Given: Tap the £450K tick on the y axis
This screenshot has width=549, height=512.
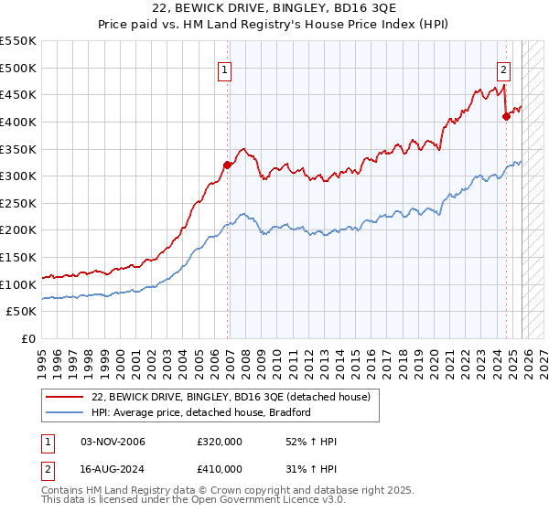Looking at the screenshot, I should pos(18,94).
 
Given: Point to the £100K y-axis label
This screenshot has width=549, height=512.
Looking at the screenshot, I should pos(18,284).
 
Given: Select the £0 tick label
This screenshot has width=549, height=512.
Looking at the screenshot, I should pos(28,338).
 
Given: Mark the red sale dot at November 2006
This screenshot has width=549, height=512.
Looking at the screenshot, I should pos(227,165).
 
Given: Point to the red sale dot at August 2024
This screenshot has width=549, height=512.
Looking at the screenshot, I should pos(506,116).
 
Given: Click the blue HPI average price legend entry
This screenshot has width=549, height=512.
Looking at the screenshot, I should pos(201,412).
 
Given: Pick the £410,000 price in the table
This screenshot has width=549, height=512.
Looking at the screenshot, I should pos(220,468).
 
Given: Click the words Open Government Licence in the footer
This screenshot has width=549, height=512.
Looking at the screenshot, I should pos(270,502).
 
